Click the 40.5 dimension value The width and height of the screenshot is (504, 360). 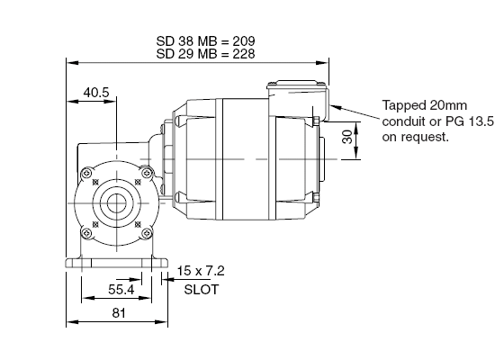pyautogui.click(x=96, y=93)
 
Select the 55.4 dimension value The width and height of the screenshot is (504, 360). pyautogui.click(x=121, y=290)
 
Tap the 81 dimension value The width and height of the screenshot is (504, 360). pyautogui.click(x=119, y=313)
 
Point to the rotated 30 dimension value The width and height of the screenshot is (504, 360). pyautogui.click(x=347, y=137)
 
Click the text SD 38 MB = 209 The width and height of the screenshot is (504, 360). pyautogui.click(x=206, y=41)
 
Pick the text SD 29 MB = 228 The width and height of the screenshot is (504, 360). pyautogui.click(x=206, y=54)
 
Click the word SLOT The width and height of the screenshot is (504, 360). pyautogui.click(x=202, y=290)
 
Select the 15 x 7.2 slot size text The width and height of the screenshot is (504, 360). pyautogui.click(x=201, y=271)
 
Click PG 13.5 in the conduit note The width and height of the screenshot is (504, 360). pyautogui.click(x=469, y=121)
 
